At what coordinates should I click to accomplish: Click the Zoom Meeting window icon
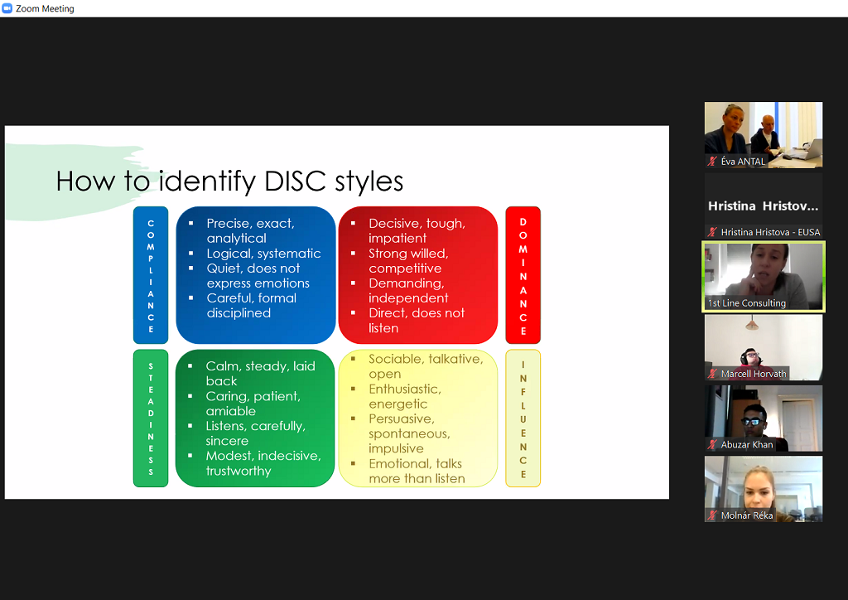[x=7, y=8]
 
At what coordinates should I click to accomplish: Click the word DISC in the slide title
[x=296, y=181]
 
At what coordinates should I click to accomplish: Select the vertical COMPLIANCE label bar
[x=151, y=275]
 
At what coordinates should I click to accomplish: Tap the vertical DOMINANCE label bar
[x=523, y=275]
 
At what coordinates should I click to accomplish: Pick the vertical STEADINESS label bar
[x=151, y=419]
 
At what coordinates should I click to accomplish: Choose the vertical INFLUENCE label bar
[x=523, y=419]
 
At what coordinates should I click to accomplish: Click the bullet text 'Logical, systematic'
[x=263, y=254]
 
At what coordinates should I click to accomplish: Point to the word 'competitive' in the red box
[x=405, y=269]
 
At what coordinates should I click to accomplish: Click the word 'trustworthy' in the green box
[x=238, y=471]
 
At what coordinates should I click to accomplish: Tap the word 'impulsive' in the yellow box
[x=396, y=448]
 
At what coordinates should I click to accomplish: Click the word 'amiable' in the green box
[x=231, y=411]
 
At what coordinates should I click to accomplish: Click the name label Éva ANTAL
[x=743, y=162]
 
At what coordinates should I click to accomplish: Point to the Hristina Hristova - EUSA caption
[x=770, y=232]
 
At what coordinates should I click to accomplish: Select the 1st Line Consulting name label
[x=747, y=303]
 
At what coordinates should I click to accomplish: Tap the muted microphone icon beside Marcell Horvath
[x=713, y=373]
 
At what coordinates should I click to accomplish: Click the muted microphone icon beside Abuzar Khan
[x=713, y=444]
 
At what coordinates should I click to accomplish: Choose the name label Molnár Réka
[x=747, y=515]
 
